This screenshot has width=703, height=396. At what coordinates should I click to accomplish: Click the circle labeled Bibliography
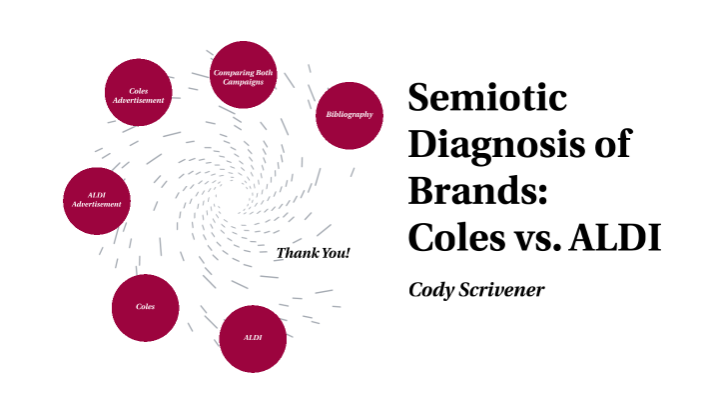coord(350,115)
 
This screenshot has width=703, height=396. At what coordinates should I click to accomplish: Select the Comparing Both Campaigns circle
coord(244,77)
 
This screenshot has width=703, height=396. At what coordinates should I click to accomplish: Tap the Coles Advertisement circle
coord(139,95)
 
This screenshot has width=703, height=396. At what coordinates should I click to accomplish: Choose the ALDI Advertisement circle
coord(97,199)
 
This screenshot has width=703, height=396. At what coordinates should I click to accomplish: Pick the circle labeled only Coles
coord(146,306)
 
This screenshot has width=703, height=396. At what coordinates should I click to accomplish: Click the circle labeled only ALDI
coord(253,338)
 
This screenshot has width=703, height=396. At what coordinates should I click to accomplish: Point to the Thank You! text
coord(313,253)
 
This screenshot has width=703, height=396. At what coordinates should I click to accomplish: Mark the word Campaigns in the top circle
coord(244,81)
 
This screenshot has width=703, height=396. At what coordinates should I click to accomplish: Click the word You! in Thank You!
coord(335,253)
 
